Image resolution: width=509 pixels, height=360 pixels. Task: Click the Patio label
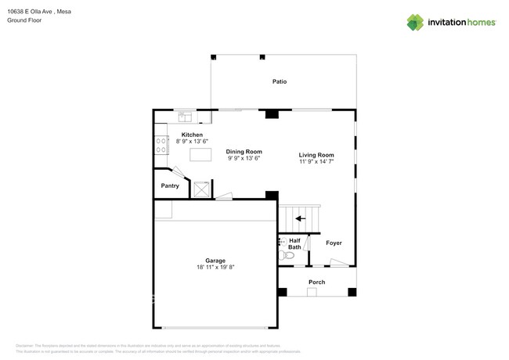click(x=279, y=81)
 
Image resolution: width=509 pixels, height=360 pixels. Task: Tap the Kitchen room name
click(x=192, y=135)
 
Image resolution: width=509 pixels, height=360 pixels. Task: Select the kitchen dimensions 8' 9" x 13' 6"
click(x=192, y=142)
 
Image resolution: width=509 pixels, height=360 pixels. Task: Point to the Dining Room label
click(x=244, y=151)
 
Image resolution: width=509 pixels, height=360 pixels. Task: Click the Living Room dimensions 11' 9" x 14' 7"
click(x=316, y=162)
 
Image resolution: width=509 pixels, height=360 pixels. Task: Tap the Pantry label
click(x=170, y=185)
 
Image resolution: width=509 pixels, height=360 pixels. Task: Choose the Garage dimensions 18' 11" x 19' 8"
click(x=215, y=267)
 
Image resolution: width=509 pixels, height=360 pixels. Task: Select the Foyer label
click(x=334, y=243)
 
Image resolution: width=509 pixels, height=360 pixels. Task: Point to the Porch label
click(x=316, y=282)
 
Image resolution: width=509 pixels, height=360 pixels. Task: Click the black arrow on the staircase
click(x=300, y=219)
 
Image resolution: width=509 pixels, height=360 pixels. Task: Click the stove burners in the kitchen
click(x=161, y=144)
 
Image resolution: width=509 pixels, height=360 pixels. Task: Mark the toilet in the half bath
click(x=289, y=255)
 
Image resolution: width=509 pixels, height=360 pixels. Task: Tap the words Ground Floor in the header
click(x=24, y=20)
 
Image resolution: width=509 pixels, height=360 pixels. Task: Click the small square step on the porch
click(x=312, y=292)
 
